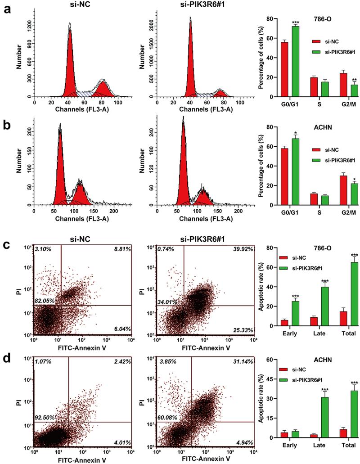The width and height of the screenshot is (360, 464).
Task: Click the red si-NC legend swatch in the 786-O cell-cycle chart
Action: (317, 41)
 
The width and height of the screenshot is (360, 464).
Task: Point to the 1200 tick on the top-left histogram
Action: (26, 26)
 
